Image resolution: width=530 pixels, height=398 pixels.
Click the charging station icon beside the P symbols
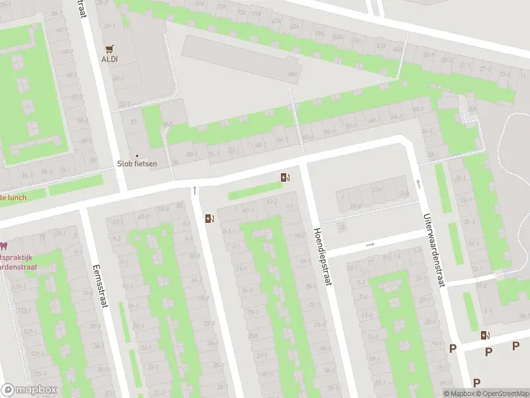[x=486, y=335]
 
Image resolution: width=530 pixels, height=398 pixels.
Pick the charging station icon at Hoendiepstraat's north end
[x=285, y=177]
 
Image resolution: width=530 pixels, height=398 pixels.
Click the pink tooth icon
[x=3, y=245]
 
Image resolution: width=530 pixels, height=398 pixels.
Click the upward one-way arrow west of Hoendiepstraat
[x=195, y=190]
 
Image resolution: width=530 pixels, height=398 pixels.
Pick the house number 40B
[x=292, y=74]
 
